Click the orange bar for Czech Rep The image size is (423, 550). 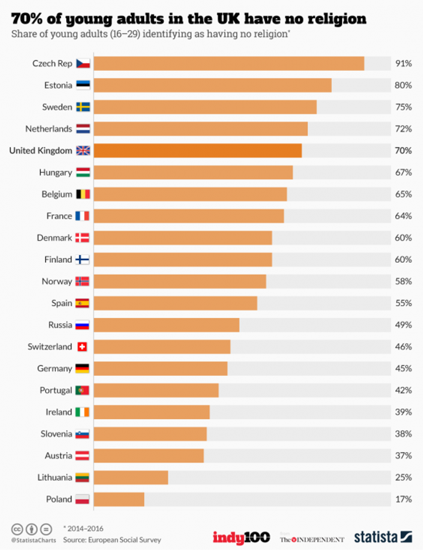tap(229, 63)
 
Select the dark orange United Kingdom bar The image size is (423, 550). tap(198, 151)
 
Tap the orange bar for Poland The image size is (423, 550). tap(119, 499)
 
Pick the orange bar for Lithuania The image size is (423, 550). tap(131, 478)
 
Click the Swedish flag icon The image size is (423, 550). tap(83, 107)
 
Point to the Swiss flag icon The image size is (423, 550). tap(82, 347)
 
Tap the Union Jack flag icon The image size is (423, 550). tap(83, 151)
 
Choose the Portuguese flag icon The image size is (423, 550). tap(82, 390)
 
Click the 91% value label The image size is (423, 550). tap(404, 63)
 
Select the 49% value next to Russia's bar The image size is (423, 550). tap(404, 325)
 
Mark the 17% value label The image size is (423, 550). tap(404, 499)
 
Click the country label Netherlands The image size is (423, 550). tap(49, 129)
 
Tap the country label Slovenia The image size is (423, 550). tap(56, 434)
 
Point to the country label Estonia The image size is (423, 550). tap(58, 85)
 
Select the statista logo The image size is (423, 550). tap(382, 537)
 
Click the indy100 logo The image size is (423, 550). tap(241, 537)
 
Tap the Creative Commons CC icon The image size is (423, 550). tap(17, 529)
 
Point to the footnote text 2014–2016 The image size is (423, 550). tap(85, 528)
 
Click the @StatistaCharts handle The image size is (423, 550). tap(34, 540)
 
